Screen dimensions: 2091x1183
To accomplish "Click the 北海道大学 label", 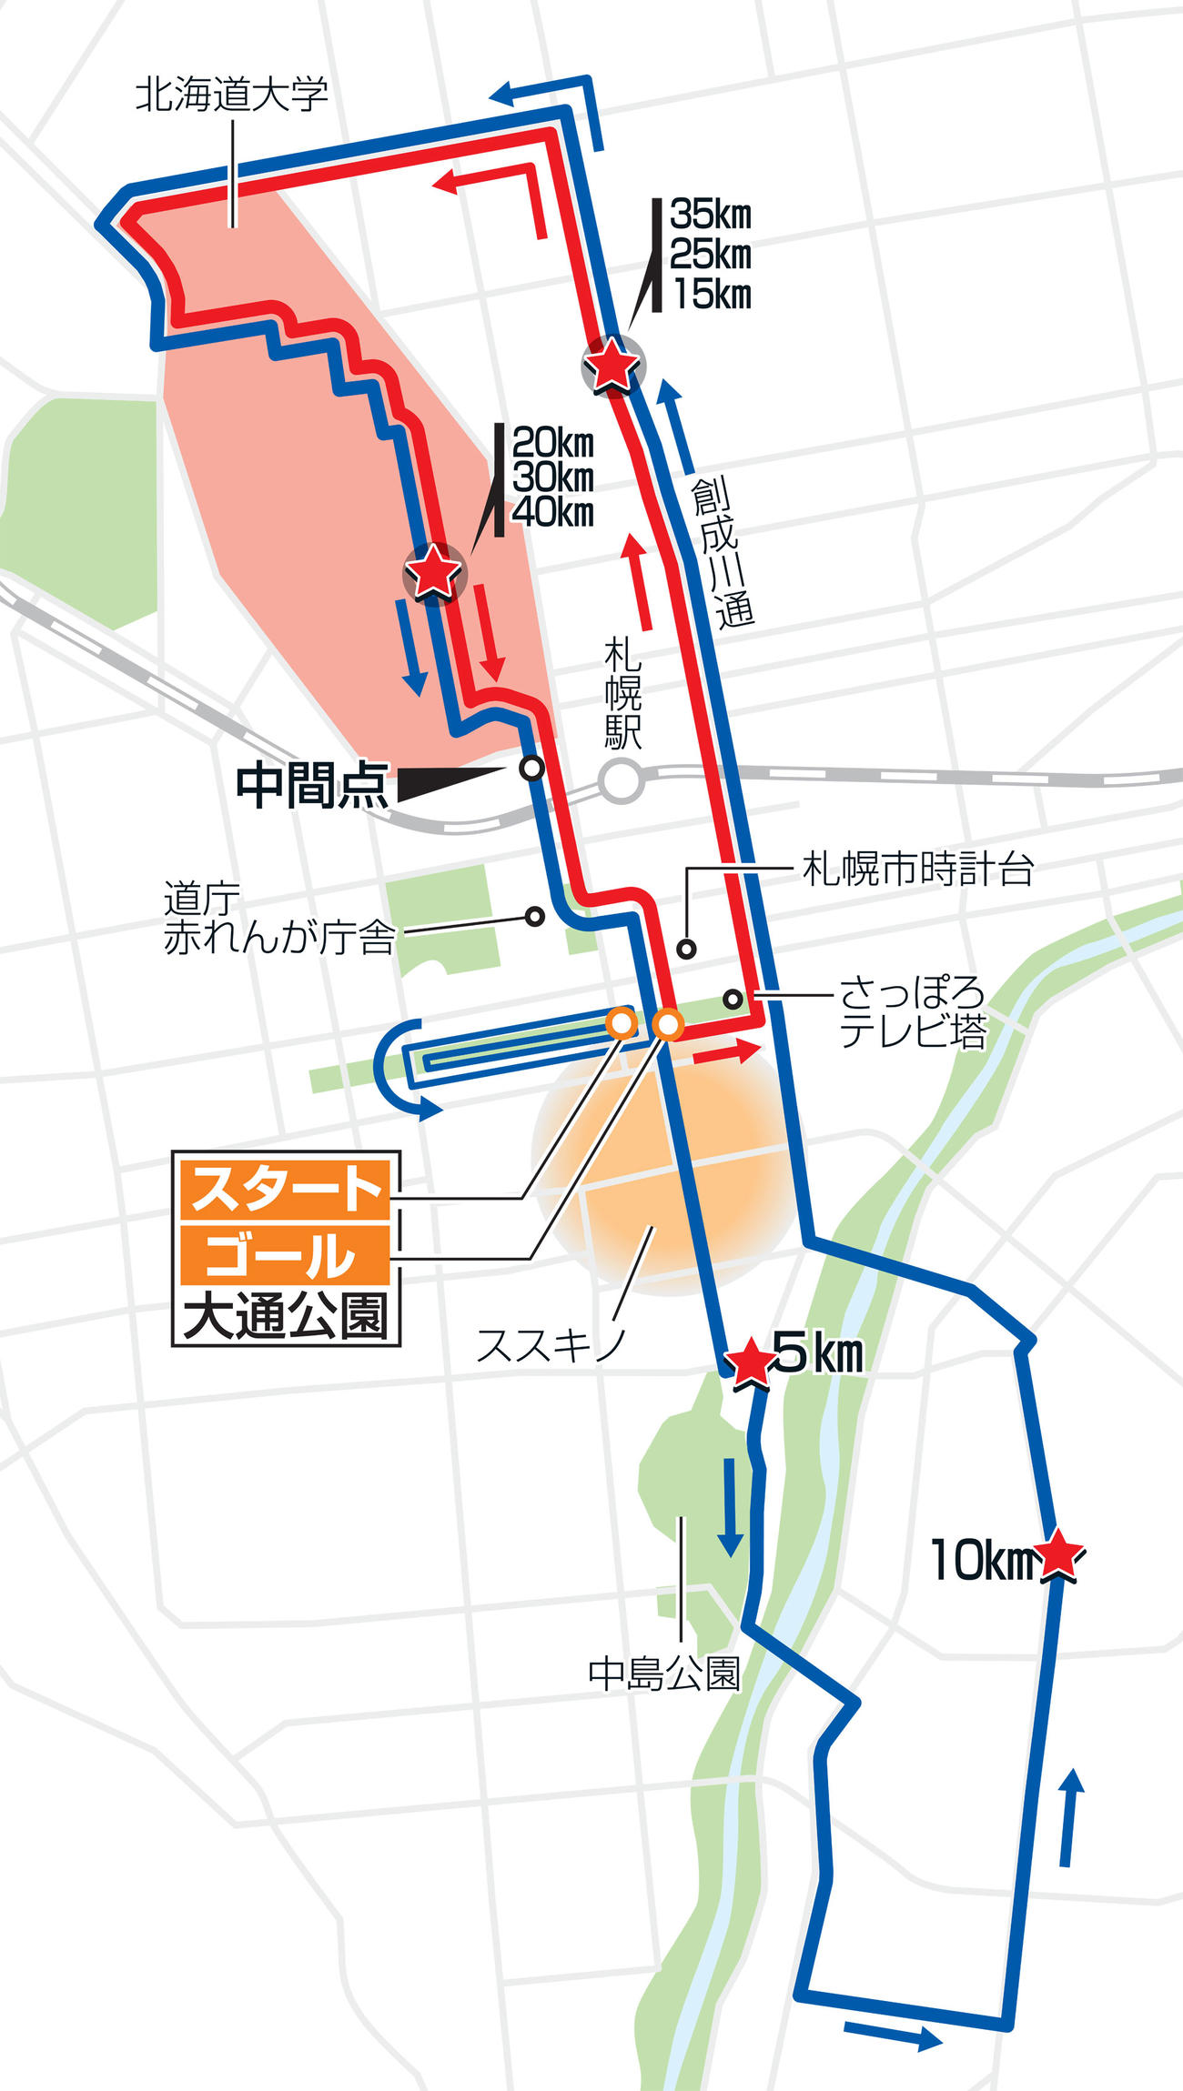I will point(231,96).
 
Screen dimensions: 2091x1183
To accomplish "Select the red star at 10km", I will point(1057,1556).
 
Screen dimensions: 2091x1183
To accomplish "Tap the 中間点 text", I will point(311,786).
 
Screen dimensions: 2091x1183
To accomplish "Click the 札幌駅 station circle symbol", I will point(622,781).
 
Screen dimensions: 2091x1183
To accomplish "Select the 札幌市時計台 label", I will point(917,870).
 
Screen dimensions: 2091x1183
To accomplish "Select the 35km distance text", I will point(711,216).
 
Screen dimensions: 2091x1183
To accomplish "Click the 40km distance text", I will point(553,513).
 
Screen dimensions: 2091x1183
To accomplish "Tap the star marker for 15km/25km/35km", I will point(612,365).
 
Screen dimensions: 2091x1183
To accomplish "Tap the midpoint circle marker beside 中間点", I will point(531,768).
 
